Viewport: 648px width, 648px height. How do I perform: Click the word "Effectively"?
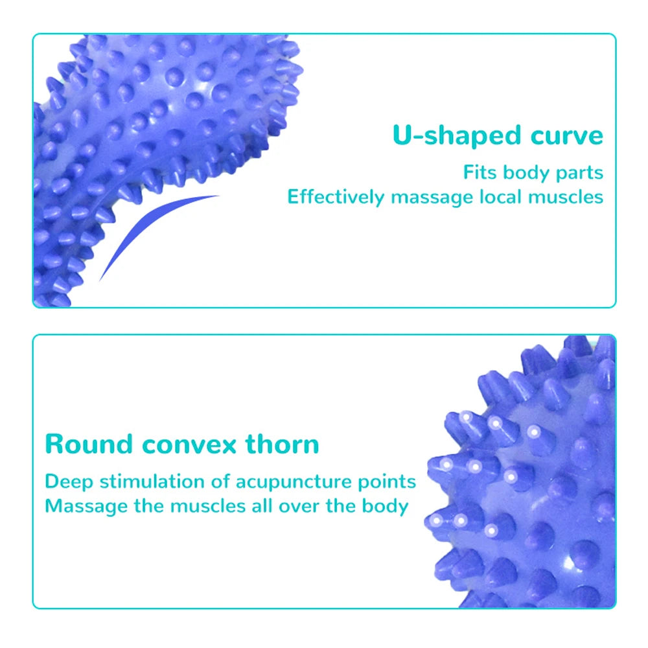[x=336, y=197]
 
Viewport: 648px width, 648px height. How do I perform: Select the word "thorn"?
[x=283, y=445]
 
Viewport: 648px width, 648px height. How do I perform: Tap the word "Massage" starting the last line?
[x=86, y=506]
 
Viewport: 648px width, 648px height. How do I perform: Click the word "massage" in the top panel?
[x=428, y=198]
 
